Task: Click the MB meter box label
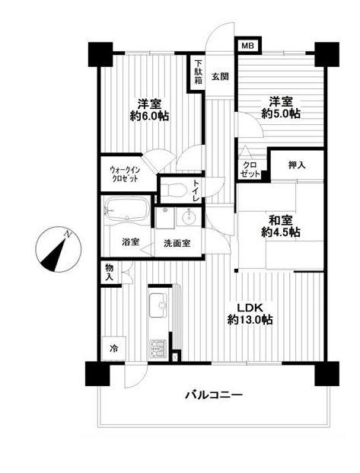[x=247, y=46]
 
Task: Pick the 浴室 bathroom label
[x=130, y=242]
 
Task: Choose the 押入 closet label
[x=297, y=165]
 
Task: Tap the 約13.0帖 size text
[x=249, y=321]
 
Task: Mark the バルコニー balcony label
[x=213, y=395]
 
